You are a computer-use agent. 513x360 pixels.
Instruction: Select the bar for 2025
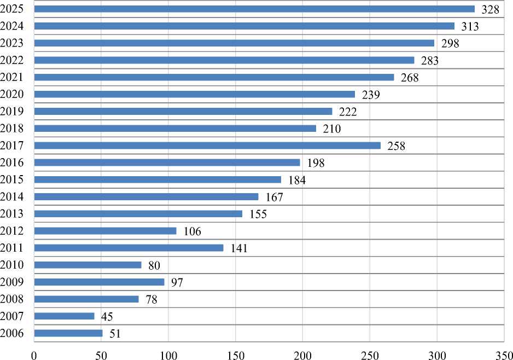point(254,9)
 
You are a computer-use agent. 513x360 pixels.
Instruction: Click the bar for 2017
point(207,146)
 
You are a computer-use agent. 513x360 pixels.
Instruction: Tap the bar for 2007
point(64,316)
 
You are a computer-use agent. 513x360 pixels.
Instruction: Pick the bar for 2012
point(105,231)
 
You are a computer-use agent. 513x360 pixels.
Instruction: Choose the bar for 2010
point(88,265)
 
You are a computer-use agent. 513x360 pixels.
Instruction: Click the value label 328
point(491,9)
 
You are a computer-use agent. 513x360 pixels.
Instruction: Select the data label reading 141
point(239,248)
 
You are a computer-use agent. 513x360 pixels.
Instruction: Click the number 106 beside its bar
point(193,231)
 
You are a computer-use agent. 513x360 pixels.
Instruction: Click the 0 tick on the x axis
point(34,353)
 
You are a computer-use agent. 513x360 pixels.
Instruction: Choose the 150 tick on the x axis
point(235,353)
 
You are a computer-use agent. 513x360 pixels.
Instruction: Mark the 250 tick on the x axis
point(370,353)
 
